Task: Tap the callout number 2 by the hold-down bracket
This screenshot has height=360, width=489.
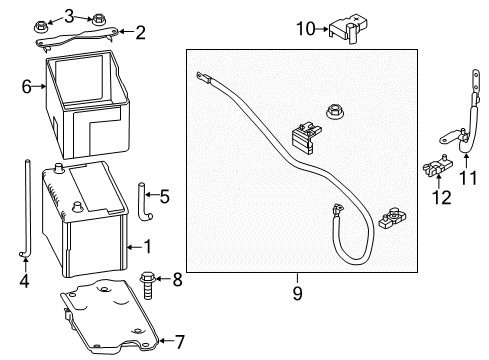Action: [x=139, y=32]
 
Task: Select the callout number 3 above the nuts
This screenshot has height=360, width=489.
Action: [x=69, y=14]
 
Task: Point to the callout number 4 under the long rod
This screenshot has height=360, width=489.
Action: [x=24, y=281]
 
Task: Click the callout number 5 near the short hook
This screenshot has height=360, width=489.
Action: [x=165, y=196]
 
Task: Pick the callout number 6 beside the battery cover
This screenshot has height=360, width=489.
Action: [x=27, y=87]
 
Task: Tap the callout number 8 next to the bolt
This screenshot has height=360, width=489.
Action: [x=179, y=279]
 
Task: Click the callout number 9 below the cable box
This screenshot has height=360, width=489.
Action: [x=297, y=293]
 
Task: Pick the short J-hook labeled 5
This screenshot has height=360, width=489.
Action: [x=144, y=201]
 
